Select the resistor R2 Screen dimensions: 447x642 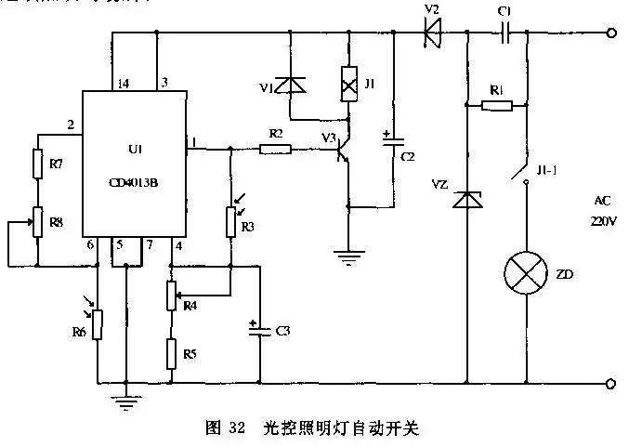276,148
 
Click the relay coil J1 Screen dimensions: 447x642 348,83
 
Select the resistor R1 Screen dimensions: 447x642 497,105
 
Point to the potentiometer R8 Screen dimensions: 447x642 37,224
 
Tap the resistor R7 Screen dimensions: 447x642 37,165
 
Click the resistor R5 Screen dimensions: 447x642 171,354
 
